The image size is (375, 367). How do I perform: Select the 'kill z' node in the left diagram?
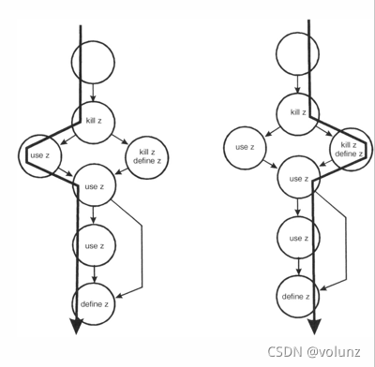(x=93, y=122)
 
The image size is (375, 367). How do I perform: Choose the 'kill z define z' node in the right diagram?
(x=348, y=148)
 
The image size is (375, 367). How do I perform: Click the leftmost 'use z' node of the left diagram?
(x=37, y=154)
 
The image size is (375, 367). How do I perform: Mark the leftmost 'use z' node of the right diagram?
(x=244, y=146)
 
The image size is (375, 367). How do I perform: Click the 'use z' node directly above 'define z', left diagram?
(x=93, y=246)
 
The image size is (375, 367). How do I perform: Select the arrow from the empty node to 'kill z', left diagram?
(x=93, y=92)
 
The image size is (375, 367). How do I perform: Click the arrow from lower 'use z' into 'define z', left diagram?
(x=93, y=273)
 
